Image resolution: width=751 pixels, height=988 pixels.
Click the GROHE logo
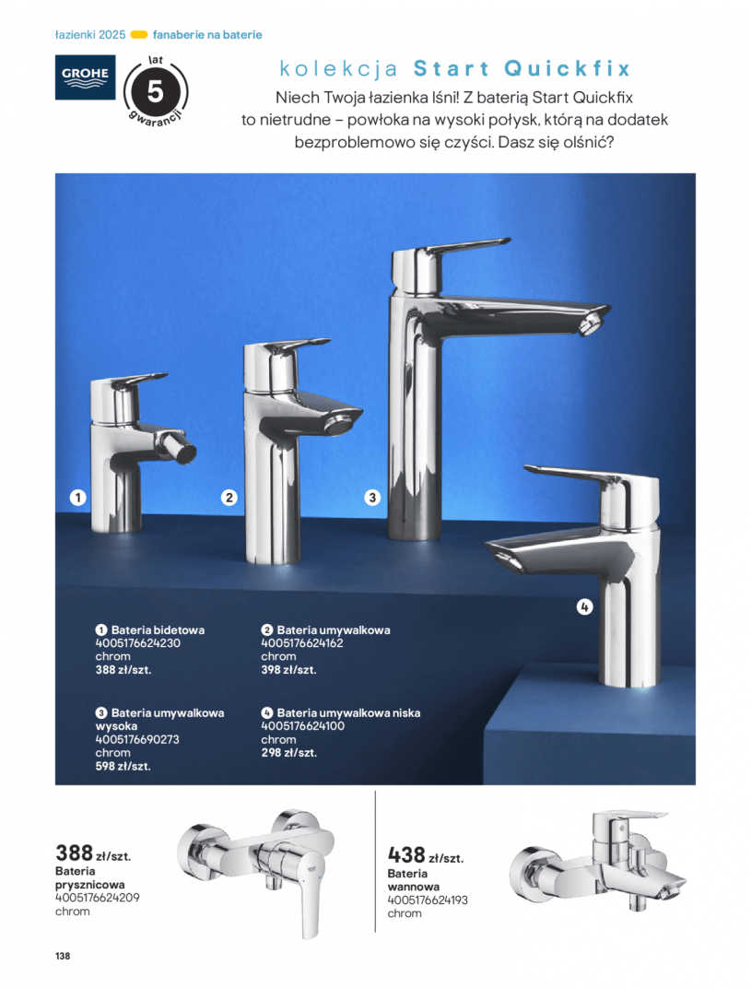85,76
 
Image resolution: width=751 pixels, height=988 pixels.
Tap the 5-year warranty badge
156,92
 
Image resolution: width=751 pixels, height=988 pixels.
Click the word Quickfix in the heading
567,68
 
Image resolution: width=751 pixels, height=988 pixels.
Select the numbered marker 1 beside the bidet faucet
77,498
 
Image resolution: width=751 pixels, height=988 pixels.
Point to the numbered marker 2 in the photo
229,498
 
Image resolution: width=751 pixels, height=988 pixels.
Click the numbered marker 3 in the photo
372,498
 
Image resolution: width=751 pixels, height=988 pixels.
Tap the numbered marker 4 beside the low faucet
584,606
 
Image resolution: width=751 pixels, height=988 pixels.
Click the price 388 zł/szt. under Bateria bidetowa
123,670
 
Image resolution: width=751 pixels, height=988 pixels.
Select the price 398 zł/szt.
288,670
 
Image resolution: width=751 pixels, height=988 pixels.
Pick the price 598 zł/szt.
123,766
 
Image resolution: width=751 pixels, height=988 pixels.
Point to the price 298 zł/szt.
288,752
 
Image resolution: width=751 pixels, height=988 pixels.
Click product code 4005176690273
137,739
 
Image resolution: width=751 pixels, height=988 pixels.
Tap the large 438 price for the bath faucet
406,855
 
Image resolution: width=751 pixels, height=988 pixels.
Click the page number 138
63,956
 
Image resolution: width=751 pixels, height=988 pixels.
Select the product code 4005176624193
428,900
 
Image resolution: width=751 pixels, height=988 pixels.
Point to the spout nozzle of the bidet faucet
185,452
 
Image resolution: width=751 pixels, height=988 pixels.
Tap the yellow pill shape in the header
138,35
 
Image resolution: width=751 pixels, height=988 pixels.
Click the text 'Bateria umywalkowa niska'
348,712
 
